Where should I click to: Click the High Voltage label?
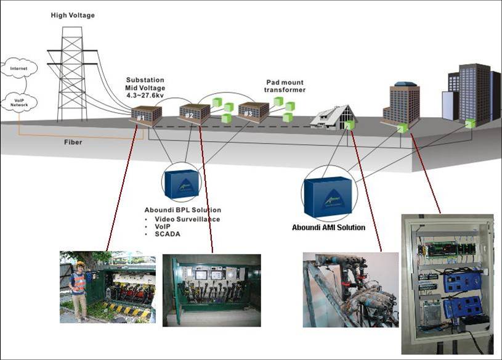(73, 15)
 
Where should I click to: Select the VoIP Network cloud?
(18, 102)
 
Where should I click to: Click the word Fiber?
(73, 142)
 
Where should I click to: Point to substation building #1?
(146, 114)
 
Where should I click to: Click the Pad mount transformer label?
(285, 86)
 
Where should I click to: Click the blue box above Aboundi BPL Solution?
(182, 182)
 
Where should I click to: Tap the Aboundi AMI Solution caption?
(328, 227)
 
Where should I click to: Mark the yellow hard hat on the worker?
(79, 264)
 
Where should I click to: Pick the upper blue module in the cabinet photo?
(462, 281)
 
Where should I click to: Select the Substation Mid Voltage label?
(145, 88)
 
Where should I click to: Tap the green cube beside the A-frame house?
(350, 125)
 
